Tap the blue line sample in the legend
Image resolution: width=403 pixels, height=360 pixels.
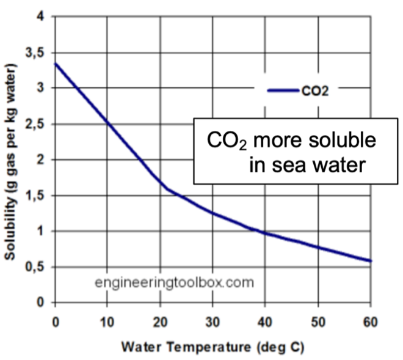pyautogui.click(x=281, y=92)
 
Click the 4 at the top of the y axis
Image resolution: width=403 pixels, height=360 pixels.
pyautogui.click(x=42, y=17)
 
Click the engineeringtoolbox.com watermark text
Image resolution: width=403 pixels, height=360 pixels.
pyautogui.click(x=174, y=284)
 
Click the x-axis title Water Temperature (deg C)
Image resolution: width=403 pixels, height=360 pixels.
pyautogui.click(x=212, y=347)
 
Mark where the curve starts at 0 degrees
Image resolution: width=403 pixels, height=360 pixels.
pyautogui.click(x=56, y=64)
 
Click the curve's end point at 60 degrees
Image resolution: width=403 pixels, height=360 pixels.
pyautogui.click(x=371, y=261)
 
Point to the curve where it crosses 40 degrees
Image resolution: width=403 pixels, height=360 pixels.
pyautogui.click(x=265, y=233)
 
